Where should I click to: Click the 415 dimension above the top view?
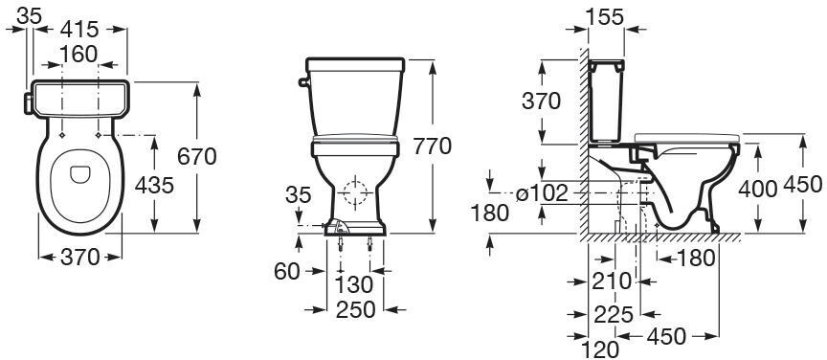(x=79, y=29)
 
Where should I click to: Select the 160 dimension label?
(x=78, y=54)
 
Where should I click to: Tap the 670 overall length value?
(x=197, y=156)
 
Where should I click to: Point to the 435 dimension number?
(x=154, y=185)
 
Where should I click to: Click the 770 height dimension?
(x=432, y=146)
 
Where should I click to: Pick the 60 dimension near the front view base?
(x=286, y=271)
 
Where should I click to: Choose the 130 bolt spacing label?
(x=354, y=284)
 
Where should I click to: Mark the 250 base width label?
(x=356, y=309)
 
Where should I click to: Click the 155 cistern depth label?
(x=606, y=17)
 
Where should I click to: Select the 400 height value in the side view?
(x=757, y=189)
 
